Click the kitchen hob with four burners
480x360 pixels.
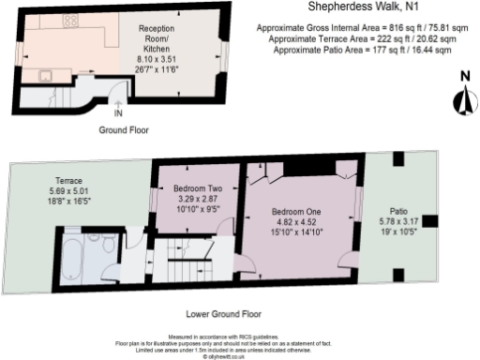pyautogui.click(x=71, y=21)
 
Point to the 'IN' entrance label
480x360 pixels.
pyautogui.click(x=117, y=114)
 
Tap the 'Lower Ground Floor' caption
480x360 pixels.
pyautogui.click(x=223, y=314)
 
